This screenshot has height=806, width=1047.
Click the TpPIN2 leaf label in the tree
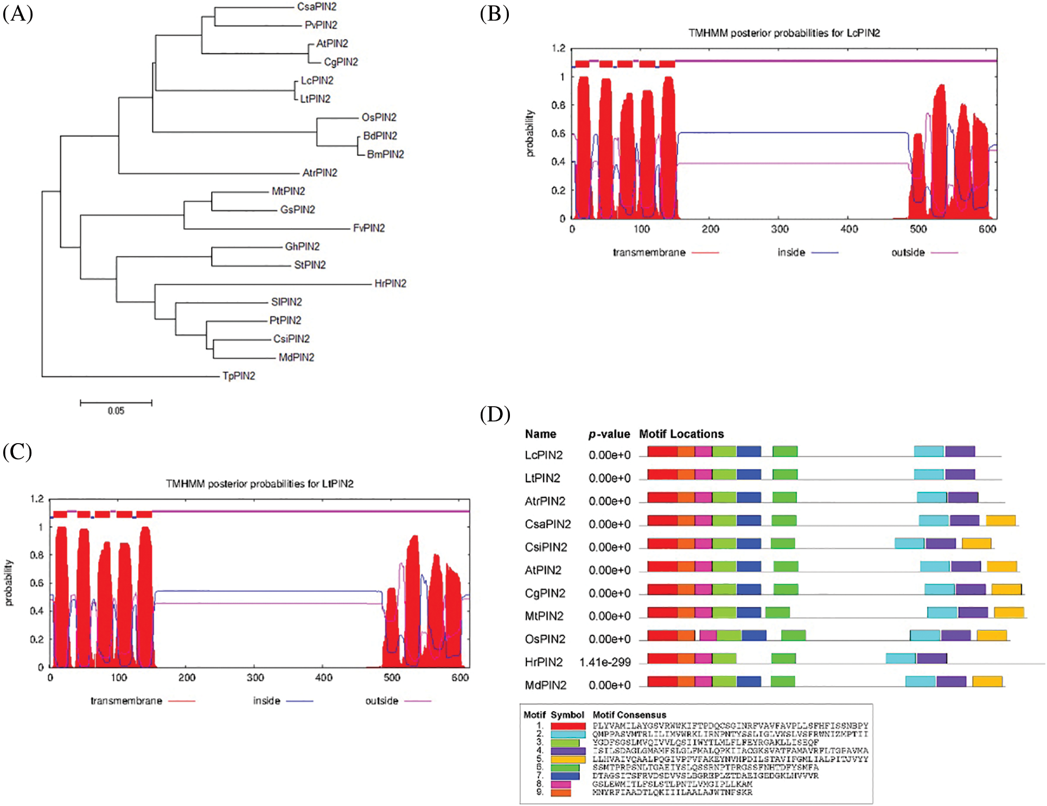click(x=239, y=376)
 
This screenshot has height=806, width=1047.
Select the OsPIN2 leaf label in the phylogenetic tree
click(x=379, y=117)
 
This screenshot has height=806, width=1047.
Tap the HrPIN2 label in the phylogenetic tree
click(x=390, y=283)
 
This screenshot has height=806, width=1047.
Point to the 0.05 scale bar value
click(x=116, y=411)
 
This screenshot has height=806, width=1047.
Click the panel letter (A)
click(x=17, y=14)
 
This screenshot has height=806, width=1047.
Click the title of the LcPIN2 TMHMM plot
click(x=784, y=33)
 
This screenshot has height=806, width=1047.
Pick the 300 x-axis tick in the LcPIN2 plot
click(x=780, y=229)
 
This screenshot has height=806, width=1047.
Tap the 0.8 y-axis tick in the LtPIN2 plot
click(x=37, y=555)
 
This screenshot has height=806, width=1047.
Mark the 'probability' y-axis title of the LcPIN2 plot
click(x=530, y=133)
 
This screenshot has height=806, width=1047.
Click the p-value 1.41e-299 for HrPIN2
click(x=605, y=662)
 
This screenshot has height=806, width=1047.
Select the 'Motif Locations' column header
click(x=681, y=434)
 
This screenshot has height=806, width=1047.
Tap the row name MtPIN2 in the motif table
click(x=545, y=616)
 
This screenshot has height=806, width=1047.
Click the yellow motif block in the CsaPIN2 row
click(x=1000, y=521)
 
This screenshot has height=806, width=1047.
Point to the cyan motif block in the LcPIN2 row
click(x=929, y=451)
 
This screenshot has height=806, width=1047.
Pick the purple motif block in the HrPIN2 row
click(x=932, y=658)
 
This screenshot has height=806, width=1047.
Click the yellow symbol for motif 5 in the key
click(x=568, y=759)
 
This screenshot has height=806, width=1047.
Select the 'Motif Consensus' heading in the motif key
click(x=629, y=715)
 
